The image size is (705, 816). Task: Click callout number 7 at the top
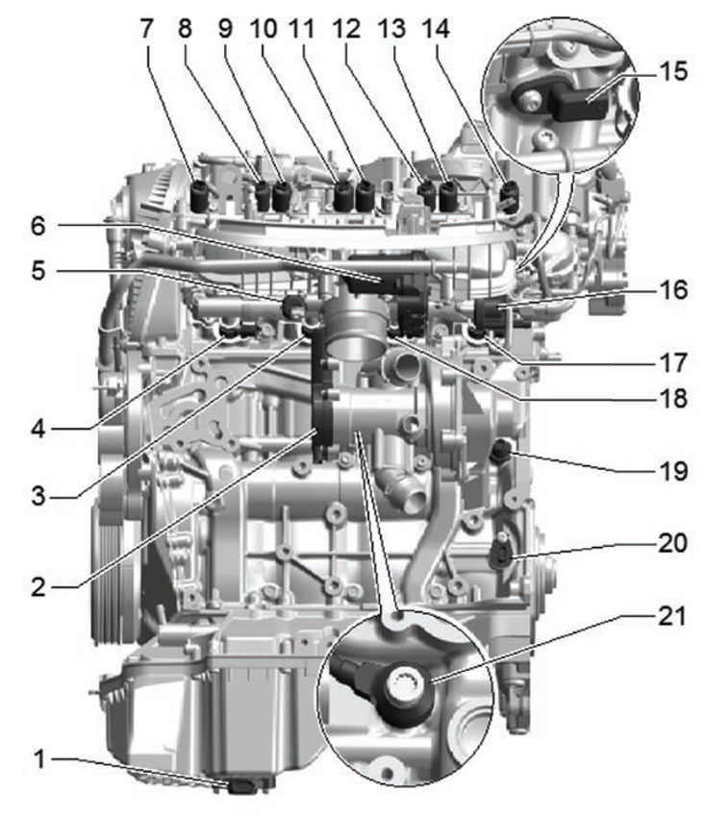click(x=147, y=28)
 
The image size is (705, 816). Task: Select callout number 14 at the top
click(x=436, y=28)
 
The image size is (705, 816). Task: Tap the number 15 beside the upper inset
click(x=673, y=71)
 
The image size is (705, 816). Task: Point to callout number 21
click(x=672, y=616)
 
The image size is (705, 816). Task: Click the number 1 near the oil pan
click(x=39, y=759)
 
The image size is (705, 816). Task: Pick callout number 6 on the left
click(x=38, y=226)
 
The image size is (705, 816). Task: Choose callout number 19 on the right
click(x=672, y=471)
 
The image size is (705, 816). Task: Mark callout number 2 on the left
click(x=38, y=587)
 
